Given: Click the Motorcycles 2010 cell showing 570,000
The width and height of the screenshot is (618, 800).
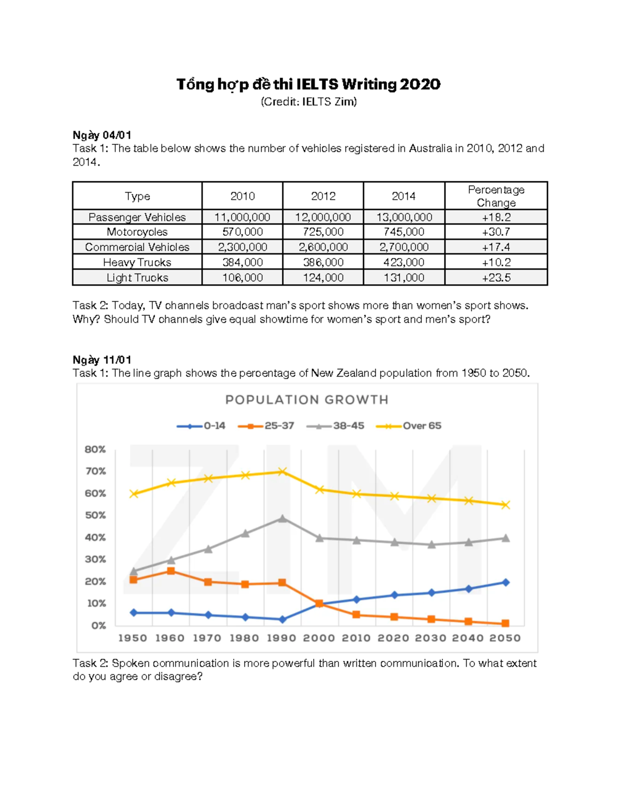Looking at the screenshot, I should [x=243, y=232].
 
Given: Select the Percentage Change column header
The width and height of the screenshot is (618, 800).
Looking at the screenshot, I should [x=496, y=196].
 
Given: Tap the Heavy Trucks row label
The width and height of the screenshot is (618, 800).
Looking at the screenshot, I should [x=137, y=262].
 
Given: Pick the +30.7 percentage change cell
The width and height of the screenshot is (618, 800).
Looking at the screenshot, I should [x=496, y=232].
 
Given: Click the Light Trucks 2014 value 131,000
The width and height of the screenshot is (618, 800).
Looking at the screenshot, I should [x=404, y=278].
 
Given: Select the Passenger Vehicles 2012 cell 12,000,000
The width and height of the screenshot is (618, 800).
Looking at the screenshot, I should [x=323, y=217].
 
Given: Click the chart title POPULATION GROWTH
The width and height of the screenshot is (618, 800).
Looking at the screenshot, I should [x=307, y=400].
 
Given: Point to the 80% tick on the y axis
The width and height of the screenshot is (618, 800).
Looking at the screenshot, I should [x=95, y=449].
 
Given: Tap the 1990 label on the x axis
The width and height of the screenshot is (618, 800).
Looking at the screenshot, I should [x=281, y=638].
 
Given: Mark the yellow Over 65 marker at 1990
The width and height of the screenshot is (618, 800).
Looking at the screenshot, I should [x=282, y=471].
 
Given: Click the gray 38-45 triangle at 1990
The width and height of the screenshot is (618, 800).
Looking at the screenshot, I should [x=282, y=518].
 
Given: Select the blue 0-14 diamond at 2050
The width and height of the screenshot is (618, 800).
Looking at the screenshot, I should [x=506, y=582].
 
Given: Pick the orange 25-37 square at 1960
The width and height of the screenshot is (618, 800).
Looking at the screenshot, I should [x=171, y=571].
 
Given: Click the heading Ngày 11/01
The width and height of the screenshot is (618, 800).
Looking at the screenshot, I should [x=102, y=360].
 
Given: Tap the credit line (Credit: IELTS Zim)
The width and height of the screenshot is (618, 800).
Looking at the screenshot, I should [x=308, y=101].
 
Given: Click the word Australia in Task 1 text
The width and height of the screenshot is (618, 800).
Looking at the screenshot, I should [x=430, y=148].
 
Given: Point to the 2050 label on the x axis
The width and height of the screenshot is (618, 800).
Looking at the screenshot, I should [x=505, y=638].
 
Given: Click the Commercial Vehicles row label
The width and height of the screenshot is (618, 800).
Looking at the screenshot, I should [x=137, y=247].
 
